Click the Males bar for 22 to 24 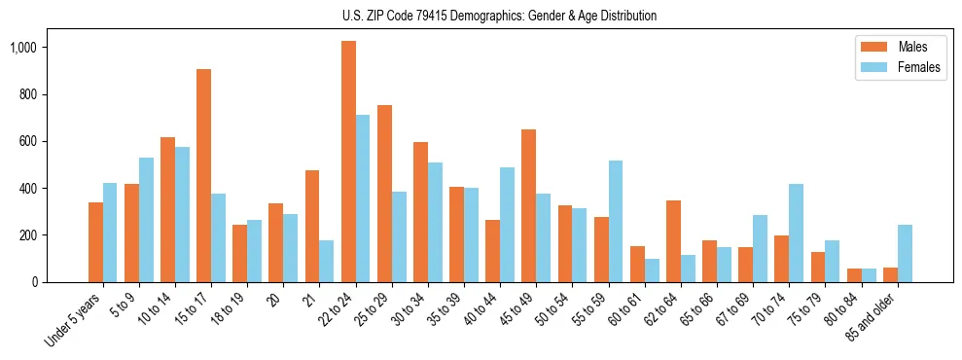[348, 162]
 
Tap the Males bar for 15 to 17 [203, 175]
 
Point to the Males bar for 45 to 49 [528, 205]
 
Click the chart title [499, 16]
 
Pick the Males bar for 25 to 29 [384, 194]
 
